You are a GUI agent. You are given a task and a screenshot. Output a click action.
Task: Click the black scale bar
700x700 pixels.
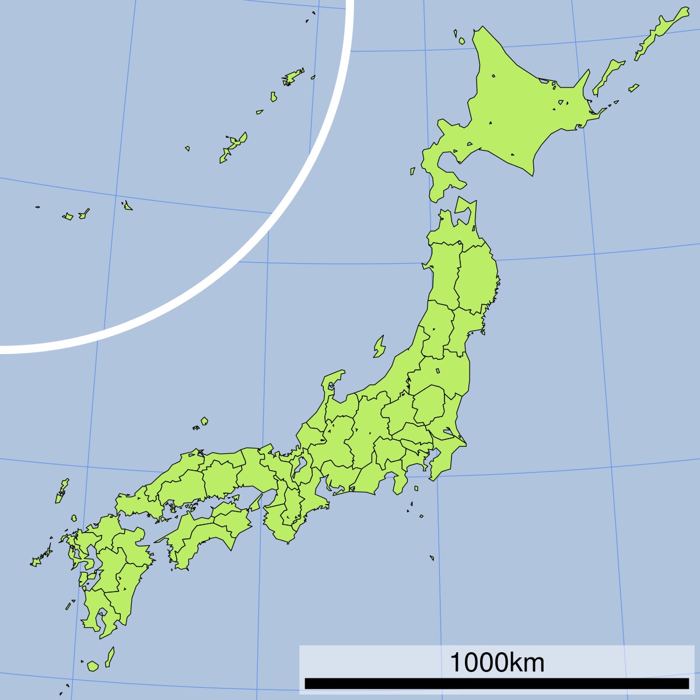(496, 683)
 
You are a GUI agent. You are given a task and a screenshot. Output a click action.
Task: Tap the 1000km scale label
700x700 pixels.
(496, 663)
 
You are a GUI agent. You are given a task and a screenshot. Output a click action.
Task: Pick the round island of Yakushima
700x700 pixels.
(93, 666)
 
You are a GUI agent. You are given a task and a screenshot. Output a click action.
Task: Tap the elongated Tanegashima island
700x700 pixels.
(110, 657)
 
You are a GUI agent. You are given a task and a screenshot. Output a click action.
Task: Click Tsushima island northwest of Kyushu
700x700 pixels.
(61, 490)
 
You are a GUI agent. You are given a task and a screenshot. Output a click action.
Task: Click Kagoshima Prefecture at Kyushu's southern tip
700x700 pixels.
(99, 612)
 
